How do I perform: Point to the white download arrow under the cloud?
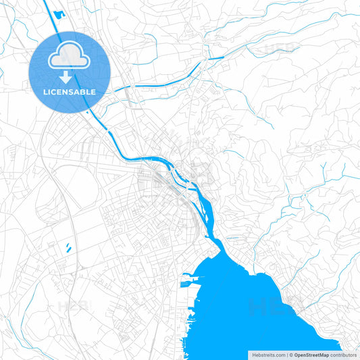coord(70,76)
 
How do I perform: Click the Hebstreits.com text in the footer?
coord(269,354)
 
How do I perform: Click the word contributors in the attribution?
coord(344,354)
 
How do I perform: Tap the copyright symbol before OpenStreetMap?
coord(290,354)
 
